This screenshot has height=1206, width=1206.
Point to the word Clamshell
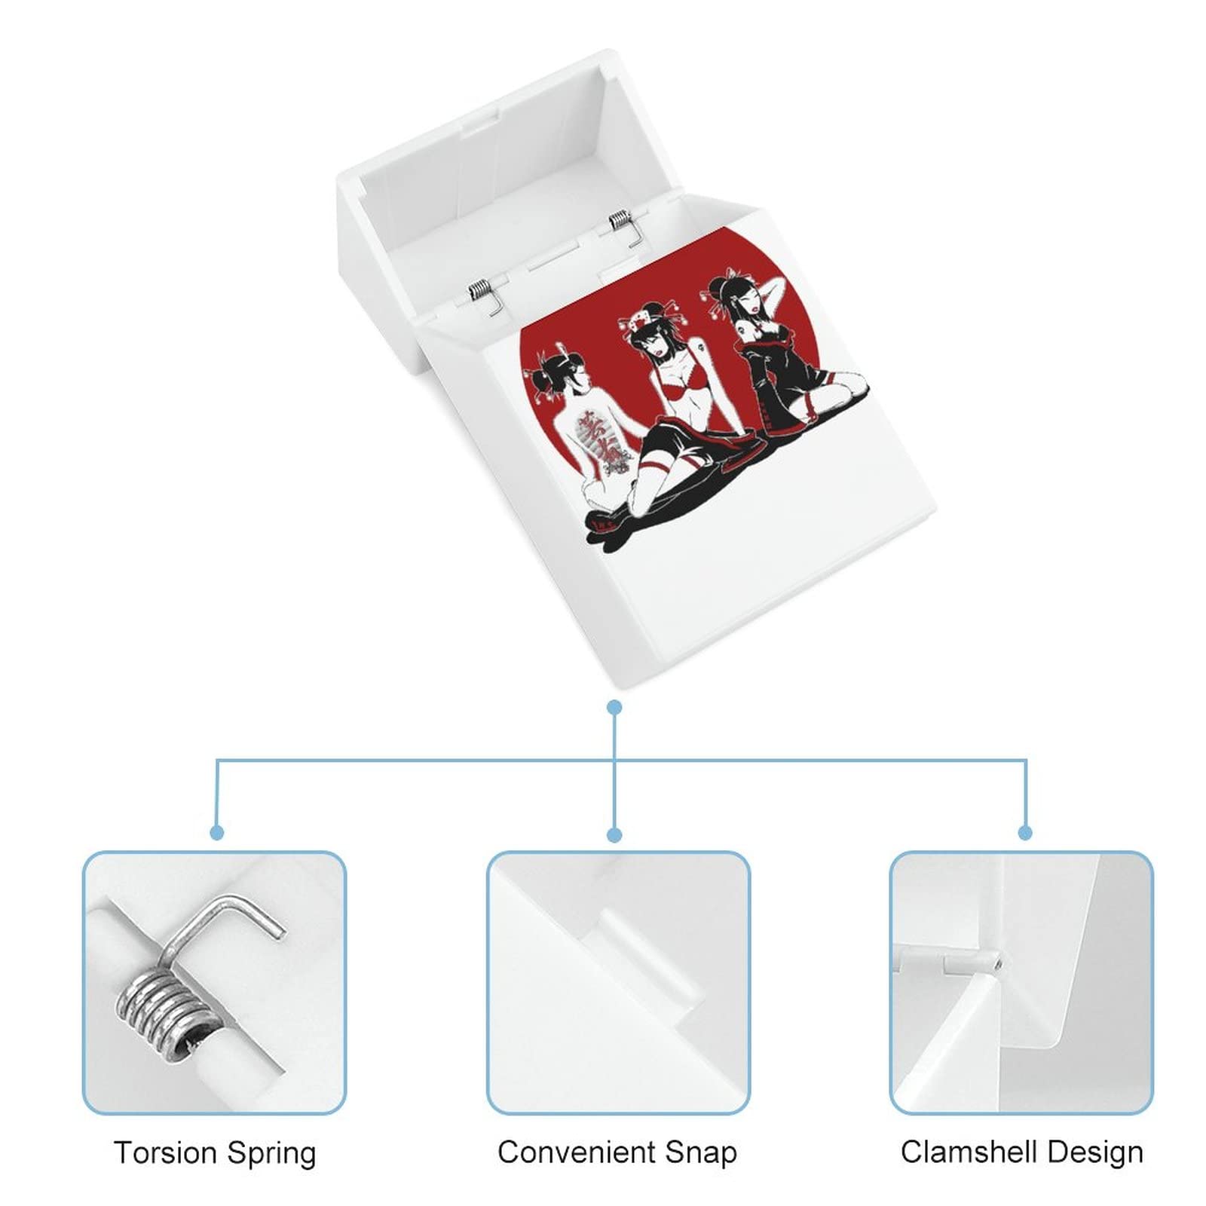(x=961, y=1152)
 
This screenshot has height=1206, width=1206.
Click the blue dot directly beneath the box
(x=615, y=707)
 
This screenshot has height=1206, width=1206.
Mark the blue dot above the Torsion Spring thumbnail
(x=217, y=833)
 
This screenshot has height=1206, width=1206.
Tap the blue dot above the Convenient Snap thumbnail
(x=615, y=834)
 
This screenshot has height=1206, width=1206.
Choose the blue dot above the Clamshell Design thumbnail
(x=1025, y=833)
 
